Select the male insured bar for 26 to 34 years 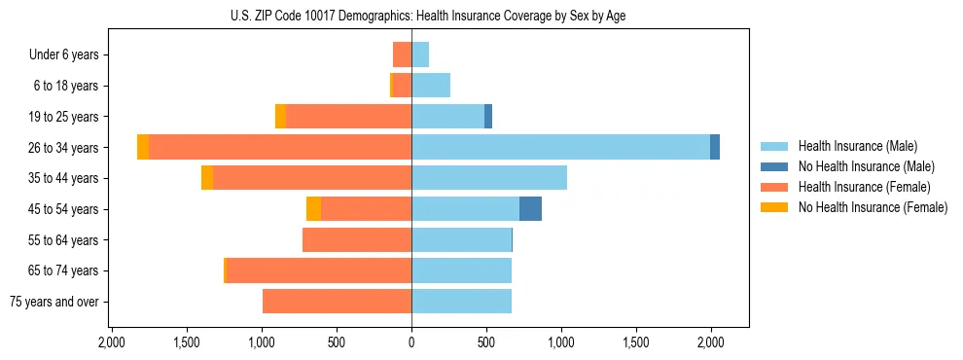560,147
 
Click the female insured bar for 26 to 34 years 280,147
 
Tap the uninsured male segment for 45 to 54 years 530,209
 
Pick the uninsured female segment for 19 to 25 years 280,117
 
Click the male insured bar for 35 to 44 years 489,178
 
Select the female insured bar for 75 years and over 337,302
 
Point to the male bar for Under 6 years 420,54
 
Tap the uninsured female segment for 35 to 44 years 207,178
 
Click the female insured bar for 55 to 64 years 357,239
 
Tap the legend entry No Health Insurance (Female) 873,207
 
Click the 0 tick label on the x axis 411,342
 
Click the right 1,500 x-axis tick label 635,342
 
